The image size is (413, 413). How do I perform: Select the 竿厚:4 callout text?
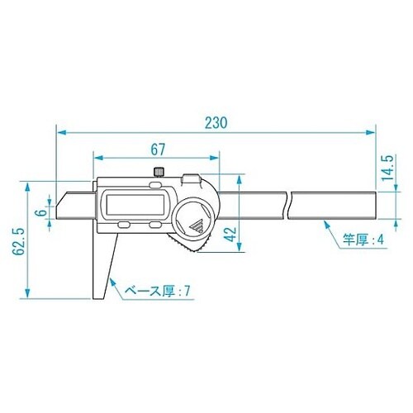(x=364, y=241)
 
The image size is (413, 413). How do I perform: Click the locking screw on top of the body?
(x=157, y=172)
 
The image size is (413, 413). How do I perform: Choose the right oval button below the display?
(x=154, y=225)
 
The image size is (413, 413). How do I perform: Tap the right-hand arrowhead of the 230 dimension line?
(x=372, y=131)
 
